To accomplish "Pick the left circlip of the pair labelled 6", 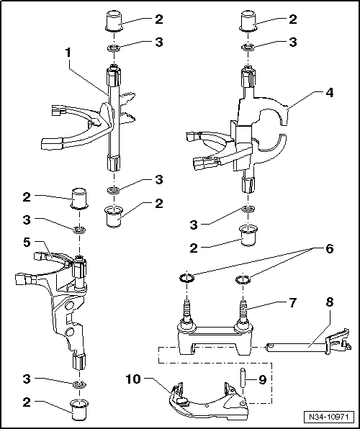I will click(x=186, y=279).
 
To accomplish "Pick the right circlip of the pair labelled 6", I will click(x=241, y=280).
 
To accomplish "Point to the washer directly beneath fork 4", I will click(x=248, y=209).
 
